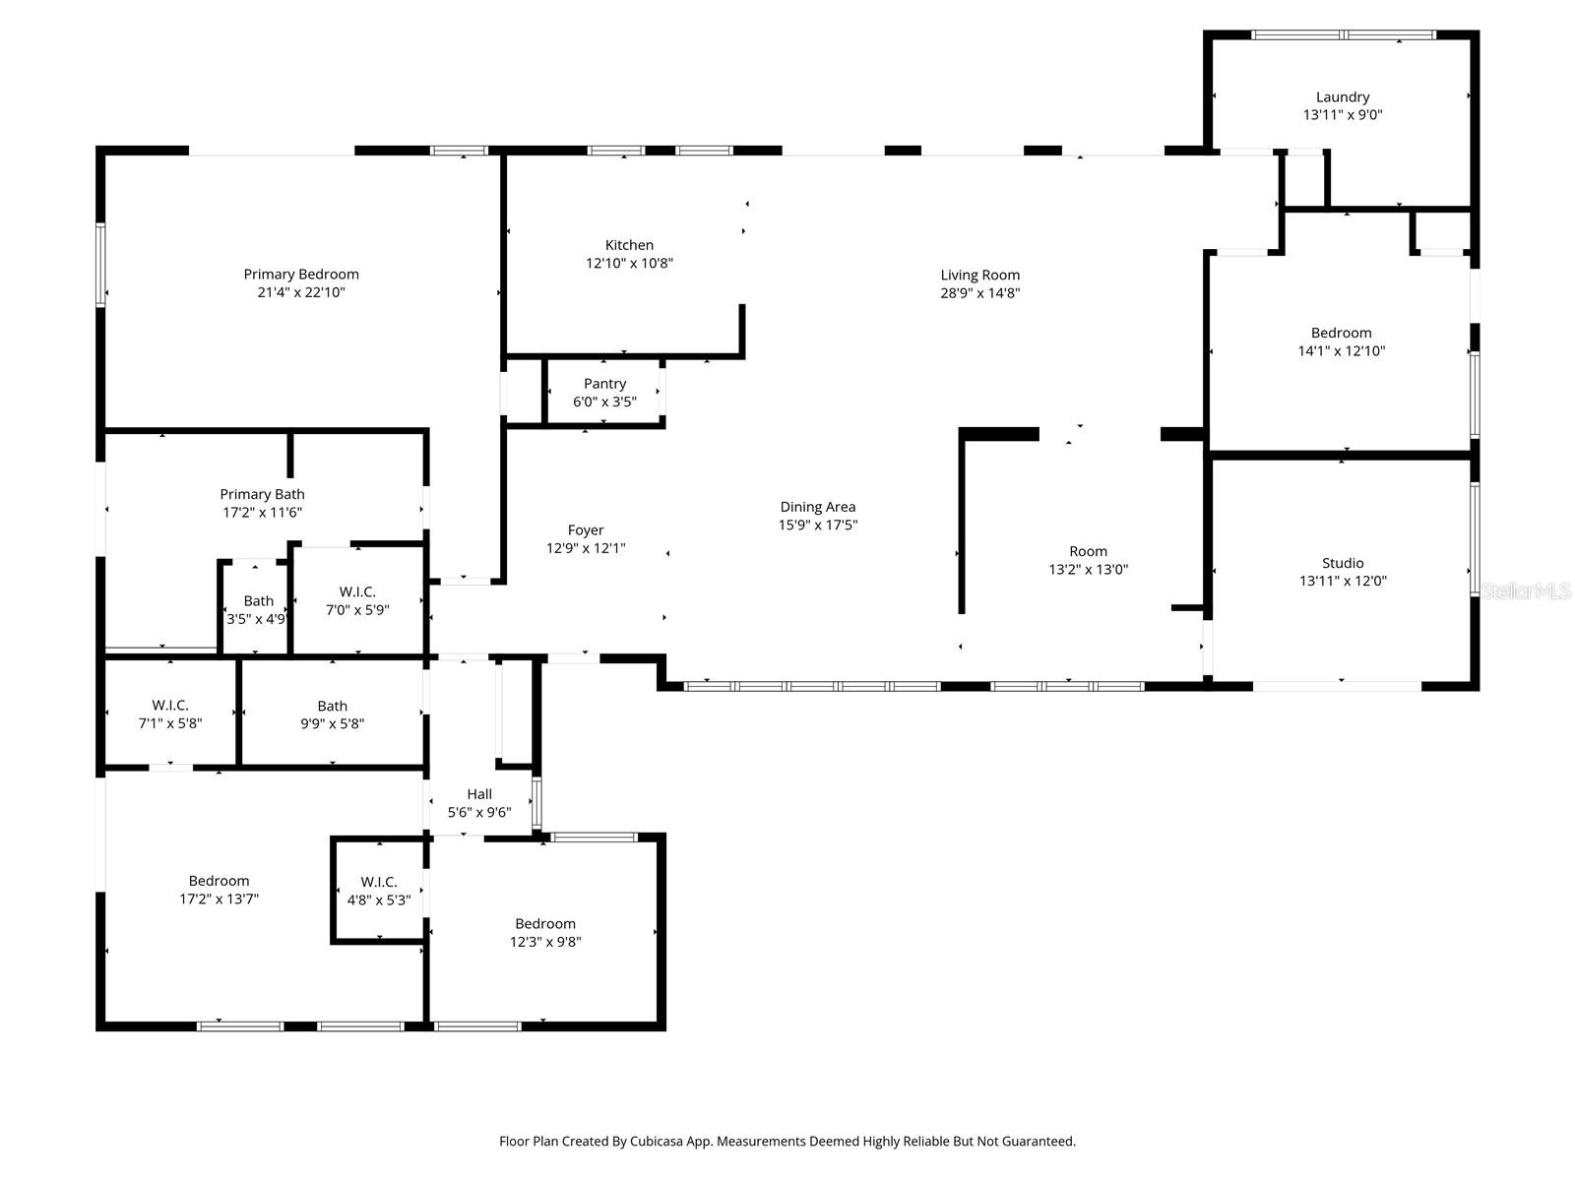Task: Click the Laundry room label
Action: (1343, 96)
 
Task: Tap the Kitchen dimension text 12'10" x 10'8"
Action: (629, 263)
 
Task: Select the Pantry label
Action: (604, 384)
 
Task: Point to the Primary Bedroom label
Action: (301, 274)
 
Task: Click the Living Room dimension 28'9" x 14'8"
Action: (979, 292)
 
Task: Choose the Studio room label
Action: (1343, 563)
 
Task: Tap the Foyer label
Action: (586, 530)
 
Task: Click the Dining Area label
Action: (818, 507)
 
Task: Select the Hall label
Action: (479, 794)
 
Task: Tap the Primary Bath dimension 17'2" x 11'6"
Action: (262, 512)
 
